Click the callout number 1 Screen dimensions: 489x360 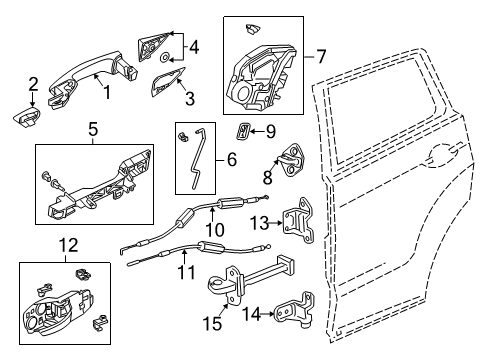107,92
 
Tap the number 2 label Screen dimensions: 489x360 33,84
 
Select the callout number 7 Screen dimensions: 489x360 320,56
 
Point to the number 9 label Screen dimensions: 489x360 271,131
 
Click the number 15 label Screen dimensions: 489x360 212,323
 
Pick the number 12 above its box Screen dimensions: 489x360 69,245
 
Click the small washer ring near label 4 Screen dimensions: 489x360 165,58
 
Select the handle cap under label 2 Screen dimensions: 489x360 27,117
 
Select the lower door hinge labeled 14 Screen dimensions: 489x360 296,309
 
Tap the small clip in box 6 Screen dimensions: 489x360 182,136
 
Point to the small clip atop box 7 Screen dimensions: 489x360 252,29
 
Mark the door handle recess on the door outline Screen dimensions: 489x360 442,155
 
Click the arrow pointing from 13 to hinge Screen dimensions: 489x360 275,223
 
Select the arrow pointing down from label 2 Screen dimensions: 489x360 33,100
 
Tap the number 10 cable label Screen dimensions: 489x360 215,229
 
